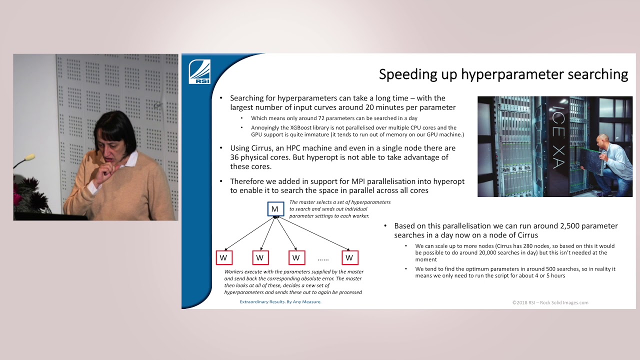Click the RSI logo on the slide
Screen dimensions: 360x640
point(199,71)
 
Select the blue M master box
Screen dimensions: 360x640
point(275,209)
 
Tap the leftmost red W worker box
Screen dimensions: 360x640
point(223,258)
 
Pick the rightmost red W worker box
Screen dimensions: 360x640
point(349,258)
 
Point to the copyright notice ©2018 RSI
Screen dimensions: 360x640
point(550,302)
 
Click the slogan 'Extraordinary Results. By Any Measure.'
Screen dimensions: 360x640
point(280,302)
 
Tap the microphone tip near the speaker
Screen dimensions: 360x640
point(30,157)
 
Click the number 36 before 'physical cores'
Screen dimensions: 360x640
point(235,157)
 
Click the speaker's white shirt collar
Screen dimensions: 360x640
point(132,160)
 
